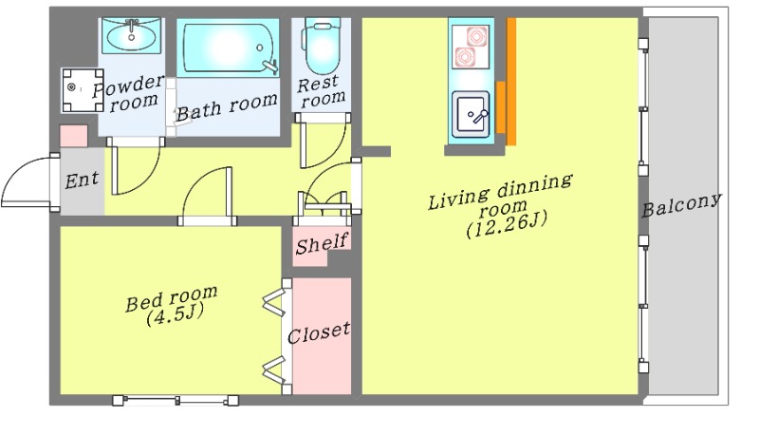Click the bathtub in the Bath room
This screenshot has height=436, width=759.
(228, 47)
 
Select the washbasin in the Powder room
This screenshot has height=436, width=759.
(131, 35)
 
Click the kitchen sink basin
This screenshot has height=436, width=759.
(471, 114)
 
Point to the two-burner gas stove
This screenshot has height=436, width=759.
(471, 47)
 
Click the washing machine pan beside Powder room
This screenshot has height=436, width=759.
(83, 90)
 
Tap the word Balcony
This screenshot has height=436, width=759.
(681, 204)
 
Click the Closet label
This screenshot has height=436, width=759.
(318, 332)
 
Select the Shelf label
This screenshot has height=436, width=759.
(322, 243)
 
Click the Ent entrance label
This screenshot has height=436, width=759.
(82, 180)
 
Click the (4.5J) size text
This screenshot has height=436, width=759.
(175, 315)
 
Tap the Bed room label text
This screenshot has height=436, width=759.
(172, 298)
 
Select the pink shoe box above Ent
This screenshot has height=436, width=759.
(74, 136)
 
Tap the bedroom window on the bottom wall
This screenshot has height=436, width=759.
(176, 400)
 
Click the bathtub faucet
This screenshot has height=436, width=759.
(270, 66)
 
